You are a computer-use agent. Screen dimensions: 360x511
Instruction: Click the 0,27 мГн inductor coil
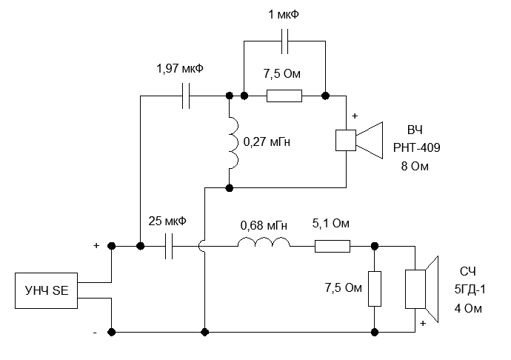[x=231, y=141]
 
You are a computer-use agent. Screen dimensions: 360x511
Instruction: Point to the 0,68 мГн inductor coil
[x=264, y=244]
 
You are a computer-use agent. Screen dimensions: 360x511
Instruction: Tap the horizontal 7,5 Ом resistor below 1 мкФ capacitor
[x=284, y=96]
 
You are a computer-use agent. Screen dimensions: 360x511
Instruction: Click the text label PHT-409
[x=417, y=148]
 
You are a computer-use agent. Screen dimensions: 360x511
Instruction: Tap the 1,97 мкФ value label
[x=180, y=69]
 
